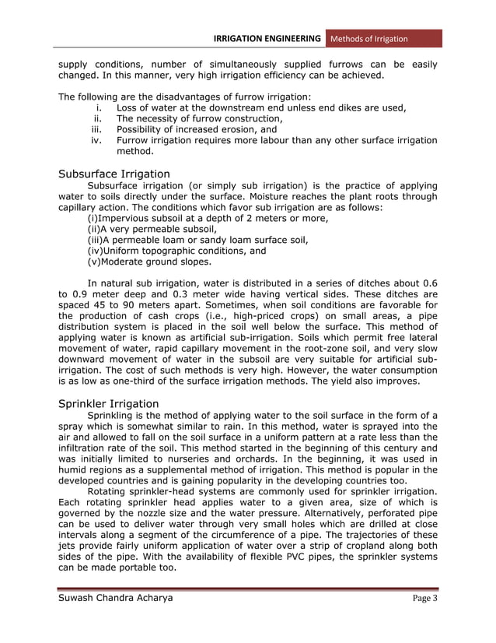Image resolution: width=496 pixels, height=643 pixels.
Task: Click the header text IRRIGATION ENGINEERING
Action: tap(267, 38)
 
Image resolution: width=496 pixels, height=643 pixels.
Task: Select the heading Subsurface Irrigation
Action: tap(114, 174)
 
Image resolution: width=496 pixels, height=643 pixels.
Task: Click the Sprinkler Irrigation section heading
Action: tap(109, 403)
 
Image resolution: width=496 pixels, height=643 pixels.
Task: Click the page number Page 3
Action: tap(424, 599)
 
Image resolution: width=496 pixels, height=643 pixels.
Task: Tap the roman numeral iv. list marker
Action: tap(97, 141)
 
